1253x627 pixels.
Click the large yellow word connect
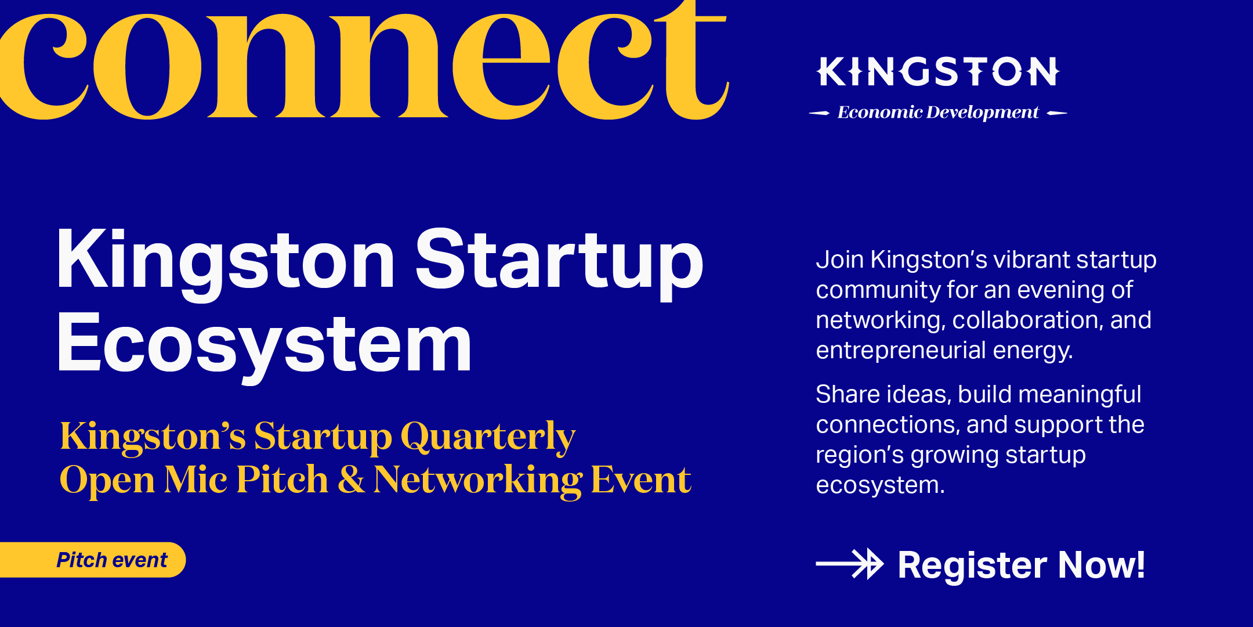[364, 61]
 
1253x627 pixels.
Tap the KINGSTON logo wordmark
[939, 71]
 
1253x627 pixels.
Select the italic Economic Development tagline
[938, 112]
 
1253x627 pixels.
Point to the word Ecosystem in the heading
[265, 345]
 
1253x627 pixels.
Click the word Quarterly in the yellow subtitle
[488, 437]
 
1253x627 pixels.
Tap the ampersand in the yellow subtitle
[352, 480]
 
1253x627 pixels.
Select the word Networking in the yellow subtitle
[478, 481]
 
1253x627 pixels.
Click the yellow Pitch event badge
[93, 560]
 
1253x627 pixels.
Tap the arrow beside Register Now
[849, 564]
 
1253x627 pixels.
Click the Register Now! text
[1022, 565]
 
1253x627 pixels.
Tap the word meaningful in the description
[1080, 395]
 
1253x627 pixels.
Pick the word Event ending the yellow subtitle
[641, 480]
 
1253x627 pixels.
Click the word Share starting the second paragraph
[848, 394]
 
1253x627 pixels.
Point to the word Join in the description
[839, 260]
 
